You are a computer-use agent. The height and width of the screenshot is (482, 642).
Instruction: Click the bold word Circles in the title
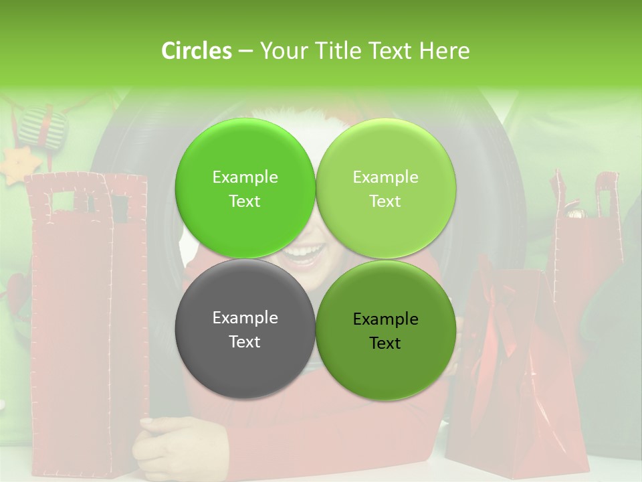[x=197, y=51]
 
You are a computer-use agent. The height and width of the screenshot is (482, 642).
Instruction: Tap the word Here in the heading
[x=444, y=51]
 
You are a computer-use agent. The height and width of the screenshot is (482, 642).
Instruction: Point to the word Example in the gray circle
[x=245, y=318]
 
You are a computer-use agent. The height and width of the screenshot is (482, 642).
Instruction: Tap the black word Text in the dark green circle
[x=385, y=343]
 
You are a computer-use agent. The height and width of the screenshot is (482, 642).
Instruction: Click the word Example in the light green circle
[x=385, y=177]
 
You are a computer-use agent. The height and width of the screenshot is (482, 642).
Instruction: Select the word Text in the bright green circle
[x=245, y=202]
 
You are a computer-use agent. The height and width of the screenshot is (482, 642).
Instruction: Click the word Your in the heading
[x=283, y=51]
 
